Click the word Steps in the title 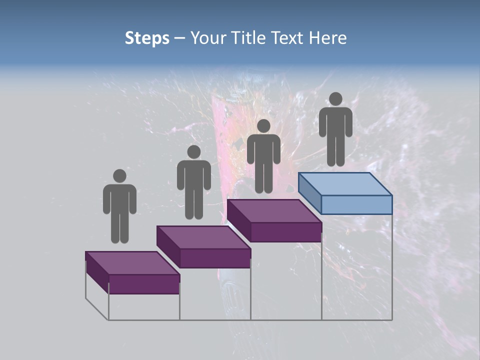coord(147,38)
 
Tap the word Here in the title coord(328,38)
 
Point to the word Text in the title coord(288,38)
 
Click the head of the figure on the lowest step coord(119,176)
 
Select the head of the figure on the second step coord(193,152)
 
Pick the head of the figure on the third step coord(263,126)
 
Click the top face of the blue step coord(345,183)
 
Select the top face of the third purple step coord(274,211)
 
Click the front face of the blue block coord(356,204)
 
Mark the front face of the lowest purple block coord(144,284)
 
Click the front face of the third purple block coord(285,232)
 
